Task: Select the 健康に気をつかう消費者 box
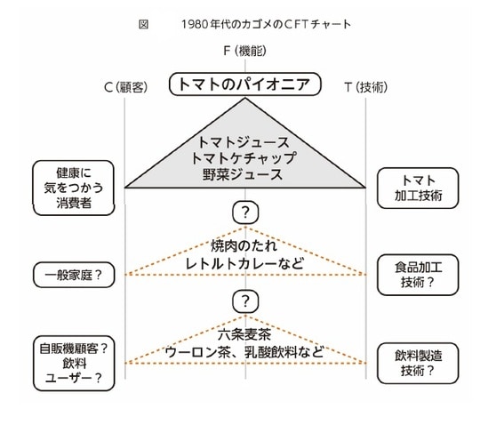pos(75,187)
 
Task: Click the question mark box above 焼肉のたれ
pos(245,212)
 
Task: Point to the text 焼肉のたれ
pos(244,245)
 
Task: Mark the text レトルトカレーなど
pos(244,262)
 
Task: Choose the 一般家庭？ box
pos(75,275)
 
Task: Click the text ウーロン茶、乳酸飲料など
pos(244,351)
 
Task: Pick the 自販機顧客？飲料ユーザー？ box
pos(75,364)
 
